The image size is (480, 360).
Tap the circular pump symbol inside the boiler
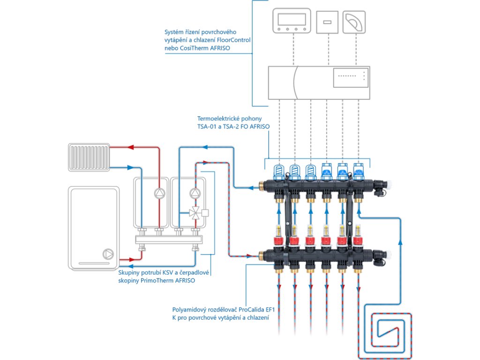(107, 255)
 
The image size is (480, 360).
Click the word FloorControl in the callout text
(232, 40)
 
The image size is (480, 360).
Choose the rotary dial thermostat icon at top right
(353, 22)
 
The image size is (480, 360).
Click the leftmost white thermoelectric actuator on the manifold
(279, 172)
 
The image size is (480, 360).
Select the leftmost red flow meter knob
(279, 242)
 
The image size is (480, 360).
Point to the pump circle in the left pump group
(159, 193)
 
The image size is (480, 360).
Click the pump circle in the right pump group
(194, 193)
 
